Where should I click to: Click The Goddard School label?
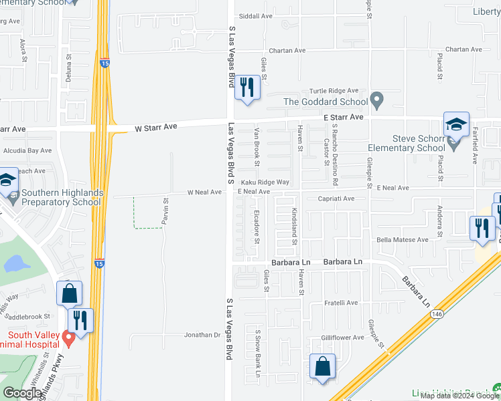[326, 102]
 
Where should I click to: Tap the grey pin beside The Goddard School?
[377, 101]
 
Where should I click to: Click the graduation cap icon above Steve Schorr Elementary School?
[456, 126]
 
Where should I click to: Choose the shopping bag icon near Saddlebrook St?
[69, 295]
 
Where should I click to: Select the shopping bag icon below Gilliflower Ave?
[322, 368]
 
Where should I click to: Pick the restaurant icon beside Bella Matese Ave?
[482, 229]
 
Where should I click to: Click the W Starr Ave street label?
[155, 126]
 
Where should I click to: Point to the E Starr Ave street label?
[343, 117]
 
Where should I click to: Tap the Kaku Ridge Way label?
[265, 182]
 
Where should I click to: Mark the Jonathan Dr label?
[203, 335]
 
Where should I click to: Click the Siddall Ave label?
[257, 15]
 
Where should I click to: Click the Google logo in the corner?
[22, 393]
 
